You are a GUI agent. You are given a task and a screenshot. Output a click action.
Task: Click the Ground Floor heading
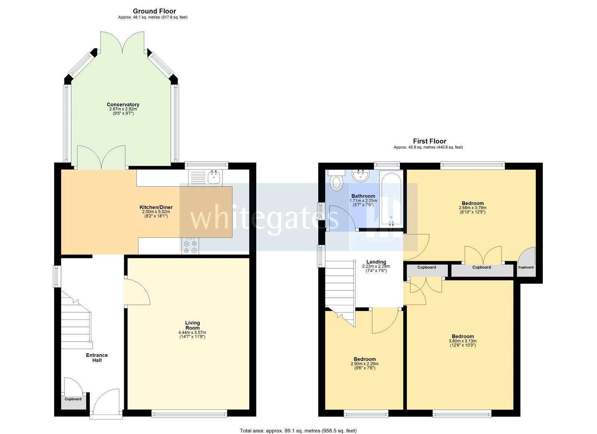click(154, 11)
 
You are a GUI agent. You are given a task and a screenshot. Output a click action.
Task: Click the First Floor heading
click(429, 141)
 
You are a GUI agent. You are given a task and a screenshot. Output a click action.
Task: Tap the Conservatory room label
click(123, 105)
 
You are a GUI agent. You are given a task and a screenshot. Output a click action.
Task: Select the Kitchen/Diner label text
click(156, 207)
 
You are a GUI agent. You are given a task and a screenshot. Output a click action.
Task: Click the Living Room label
click(193, 325)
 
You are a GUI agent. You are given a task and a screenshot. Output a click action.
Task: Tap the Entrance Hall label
click(97, 357)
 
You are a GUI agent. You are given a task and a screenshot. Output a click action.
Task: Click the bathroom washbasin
click(361, 175)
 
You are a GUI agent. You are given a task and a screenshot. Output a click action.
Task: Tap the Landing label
click(376, 262)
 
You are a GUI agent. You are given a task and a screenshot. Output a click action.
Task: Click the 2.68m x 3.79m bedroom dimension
click(472, 208)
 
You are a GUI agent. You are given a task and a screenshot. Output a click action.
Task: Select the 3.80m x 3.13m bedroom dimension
click(462, 341)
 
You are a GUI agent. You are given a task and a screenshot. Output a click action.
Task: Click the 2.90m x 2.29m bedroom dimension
click(364, 364)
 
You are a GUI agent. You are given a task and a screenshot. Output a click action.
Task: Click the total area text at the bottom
click(298, 431)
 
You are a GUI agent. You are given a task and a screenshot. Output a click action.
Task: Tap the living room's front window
click(189, 413)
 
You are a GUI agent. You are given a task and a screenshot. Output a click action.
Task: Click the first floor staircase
click(339, 287)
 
